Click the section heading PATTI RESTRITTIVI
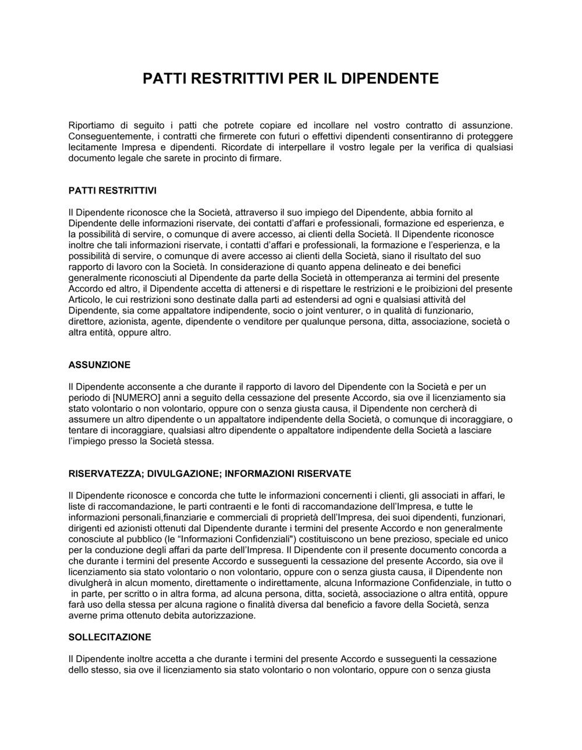[x=112, y=190]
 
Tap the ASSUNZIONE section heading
[x=100, y=365]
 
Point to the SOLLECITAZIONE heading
[x=109, y=637]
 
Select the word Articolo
[x=86, y=300]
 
